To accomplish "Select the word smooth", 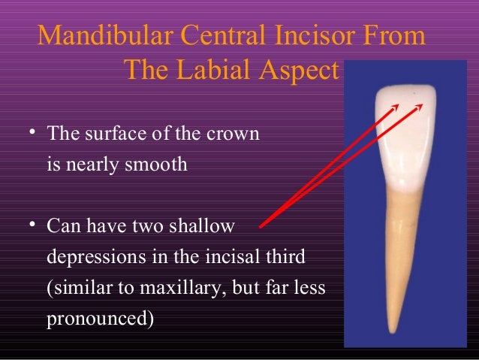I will (155, 165).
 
